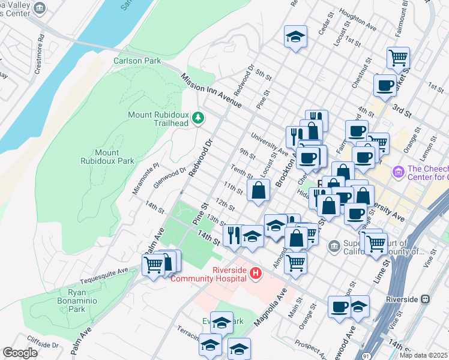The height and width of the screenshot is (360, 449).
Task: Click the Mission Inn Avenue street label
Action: coord(210,91)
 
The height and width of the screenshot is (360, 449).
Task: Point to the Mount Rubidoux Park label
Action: coord(107,157)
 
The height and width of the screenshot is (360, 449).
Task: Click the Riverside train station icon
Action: coord(426,299)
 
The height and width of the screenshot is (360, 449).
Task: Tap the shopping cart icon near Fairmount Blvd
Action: coord(398,58)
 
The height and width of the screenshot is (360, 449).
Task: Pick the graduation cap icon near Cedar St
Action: coord(295,36)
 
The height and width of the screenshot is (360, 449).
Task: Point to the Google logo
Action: coord(20,353)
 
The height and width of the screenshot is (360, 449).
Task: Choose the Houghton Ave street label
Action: coord(357,20)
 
